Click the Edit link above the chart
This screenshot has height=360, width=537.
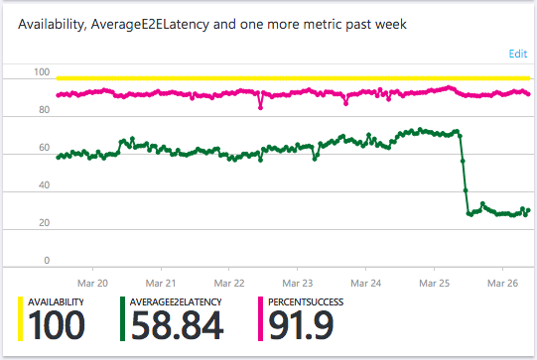coord(518,54)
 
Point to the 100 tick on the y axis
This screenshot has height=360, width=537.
coord(42,72)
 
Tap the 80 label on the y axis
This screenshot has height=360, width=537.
coord(44,110)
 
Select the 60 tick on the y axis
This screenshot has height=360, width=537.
coord(44,148)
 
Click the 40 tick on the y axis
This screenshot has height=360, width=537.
coord(44,185)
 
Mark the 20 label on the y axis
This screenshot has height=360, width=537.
coord(44,223)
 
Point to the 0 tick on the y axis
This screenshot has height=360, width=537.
coord(47,261)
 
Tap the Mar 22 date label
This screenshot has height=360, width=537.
coord(229,281)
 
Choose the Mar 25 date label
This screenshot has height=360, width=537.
coord(434,281)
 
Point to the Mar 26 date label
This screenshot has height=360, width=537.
coord(502,281)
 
